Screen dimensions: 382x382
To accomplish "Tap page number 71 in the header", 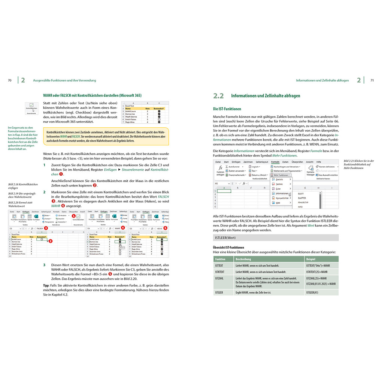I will [372, 80].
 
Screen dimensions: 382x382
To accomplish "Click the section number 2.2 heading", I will [218, 96].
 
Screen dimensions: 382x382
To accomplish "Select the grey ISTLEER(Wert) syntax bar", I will [276, 238].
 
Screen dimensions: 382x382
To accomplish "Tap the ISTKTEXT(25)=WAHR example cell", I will [317, 272].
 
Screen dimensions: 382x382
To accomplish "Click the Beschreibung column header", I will [243, 259].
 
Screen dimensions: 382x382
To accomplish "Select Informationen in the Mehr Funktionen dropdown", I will [280, 193].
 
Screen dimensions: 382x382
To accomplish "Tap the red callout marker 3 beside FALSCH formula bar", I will [46, 228].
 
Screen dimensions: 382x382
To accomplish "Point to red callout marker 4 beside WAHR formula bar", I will [123, 228].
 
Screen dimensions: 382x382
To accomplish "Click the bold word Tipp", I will [46, 285].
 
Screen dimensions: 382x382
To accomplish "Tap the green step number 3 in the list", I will [45, 265].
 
